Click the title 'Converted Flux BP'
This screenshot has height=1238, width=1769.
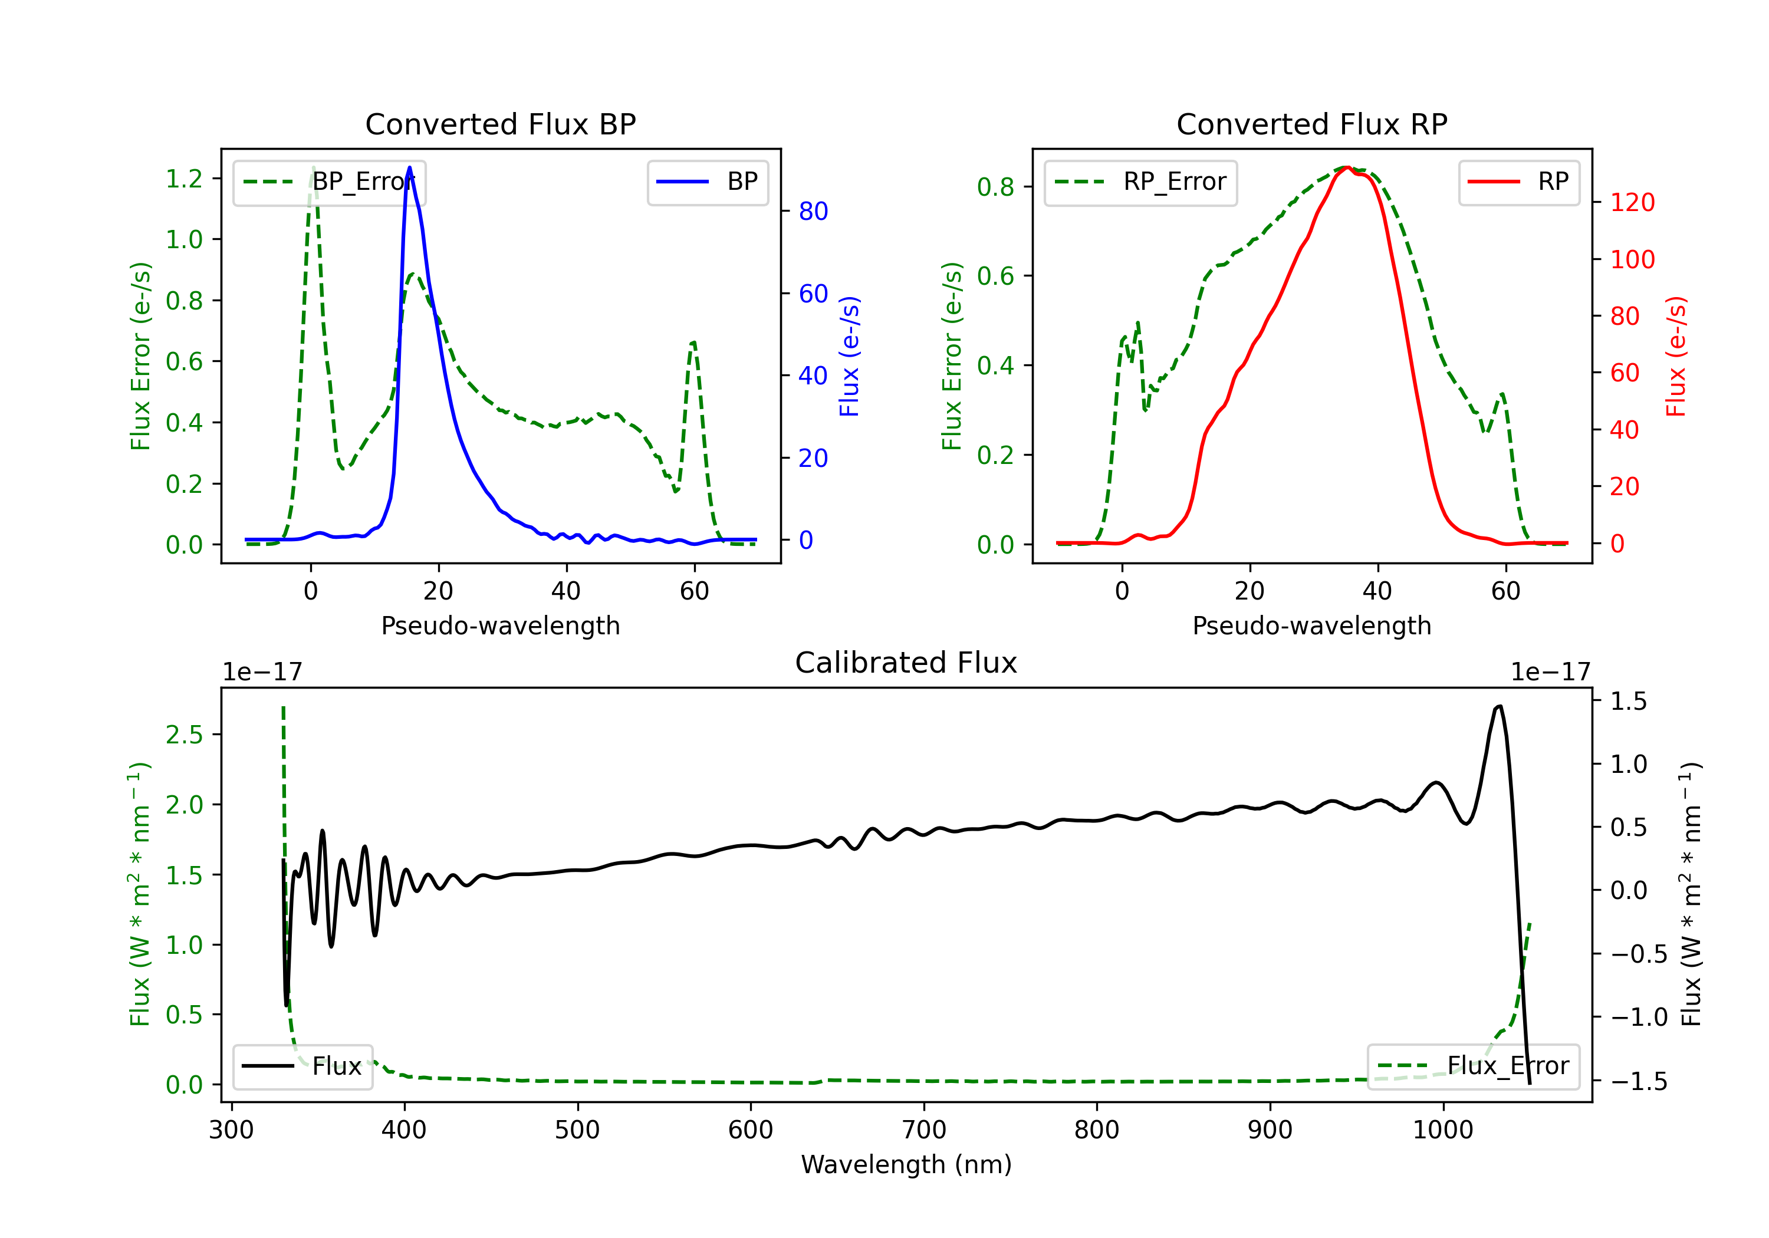pyautogui.click(x=500, y=124)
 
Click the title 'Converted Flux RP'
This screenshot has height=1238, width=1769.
pyautogui.click(x=1311, y=124)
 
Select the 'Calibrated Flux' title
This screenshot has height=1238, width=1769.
pyautogui.click(x=906, y=663)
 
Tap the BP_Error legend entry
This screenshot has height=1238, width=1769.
pyautogui.click(x=329, y=182)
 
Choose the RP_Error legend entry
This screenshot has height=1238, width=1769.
pyautogui.click(x=1140, y=182)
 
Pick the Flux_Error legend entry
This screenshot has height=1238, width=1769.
pyautogui.click(x=1473, y=1066)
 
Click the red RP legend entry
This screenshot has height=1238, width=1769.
pyautogui.click(x=1518, y=182)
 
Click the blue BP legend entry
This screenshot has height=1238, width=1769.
pyautogui.click(x=707, y=182)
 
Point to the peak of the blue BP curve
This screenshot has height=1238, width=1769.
pyautogui.click(x=409, y=167)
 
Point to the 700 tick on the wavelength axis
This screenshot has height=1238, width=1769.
pyautogui.click(x=924, y=1130)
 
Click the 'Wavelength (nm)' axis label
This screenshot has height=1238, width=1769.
pyautogui.click(x=906, y=1164)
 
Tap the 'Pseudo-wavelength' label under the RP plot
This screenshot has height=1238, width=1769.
pyautogui.click(x=1311, y=625)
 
